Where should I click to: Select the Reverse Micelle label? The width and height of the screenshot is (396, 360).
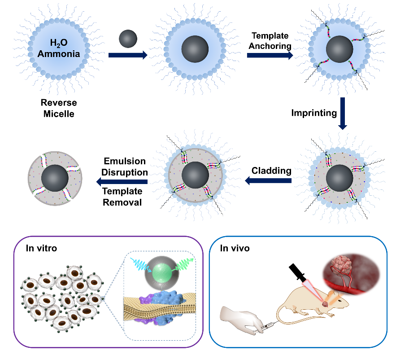click(59, 109)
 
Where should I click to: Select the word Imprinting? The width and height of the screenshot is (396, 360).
click(313, 113)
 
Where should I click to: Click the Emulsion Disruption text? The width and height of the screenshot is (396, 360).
click(126, 166)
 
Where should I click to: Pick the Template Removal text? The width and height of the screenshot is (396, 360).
click(122, 197)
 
